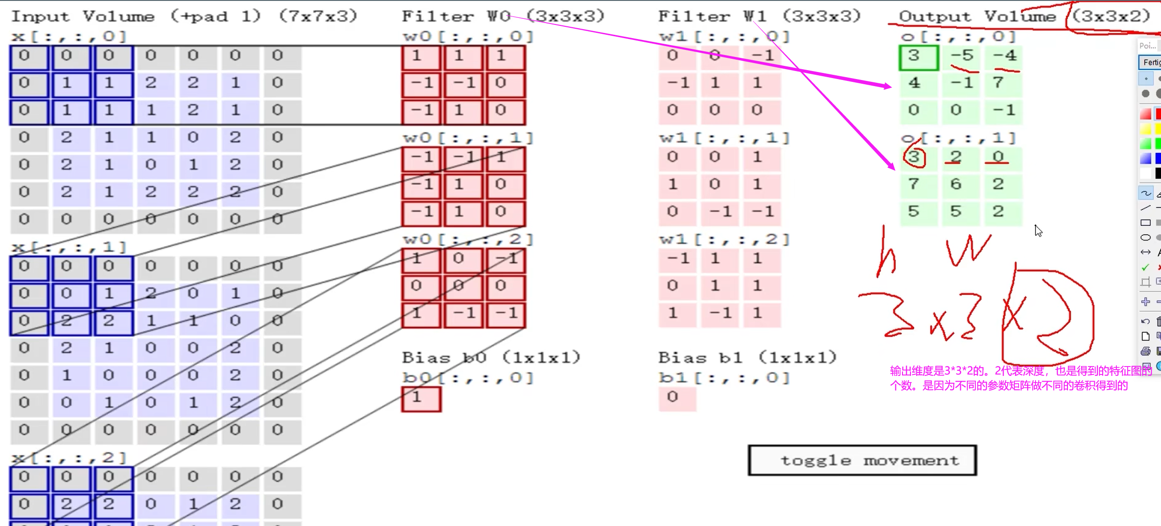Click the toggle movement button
click(862, 460)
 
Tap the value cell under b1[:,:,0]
click(677, 398)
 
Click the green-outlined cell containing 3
click(918, 57)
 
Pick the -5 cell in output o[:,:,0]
click(961, 56)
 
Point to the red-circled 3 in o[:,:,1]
click(914, 158)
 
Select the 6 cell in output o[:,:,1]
click(956, 184)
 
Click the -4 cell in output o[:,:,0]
click(1004, 56)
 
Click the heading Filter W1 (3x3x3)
click(759, 16)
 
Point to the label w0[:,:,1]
click(468, 138)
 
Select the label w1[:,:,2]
click(724, 239)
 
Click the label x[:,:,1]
click(69, 247)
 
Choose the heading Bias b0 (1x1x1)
click(491, 358)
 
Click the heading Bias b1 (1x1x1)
click(747, 358)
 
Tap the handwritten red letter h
click(886, 254)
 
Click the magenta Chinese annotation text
click(1020, 378)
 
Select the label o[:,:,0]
click(958, 37)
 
